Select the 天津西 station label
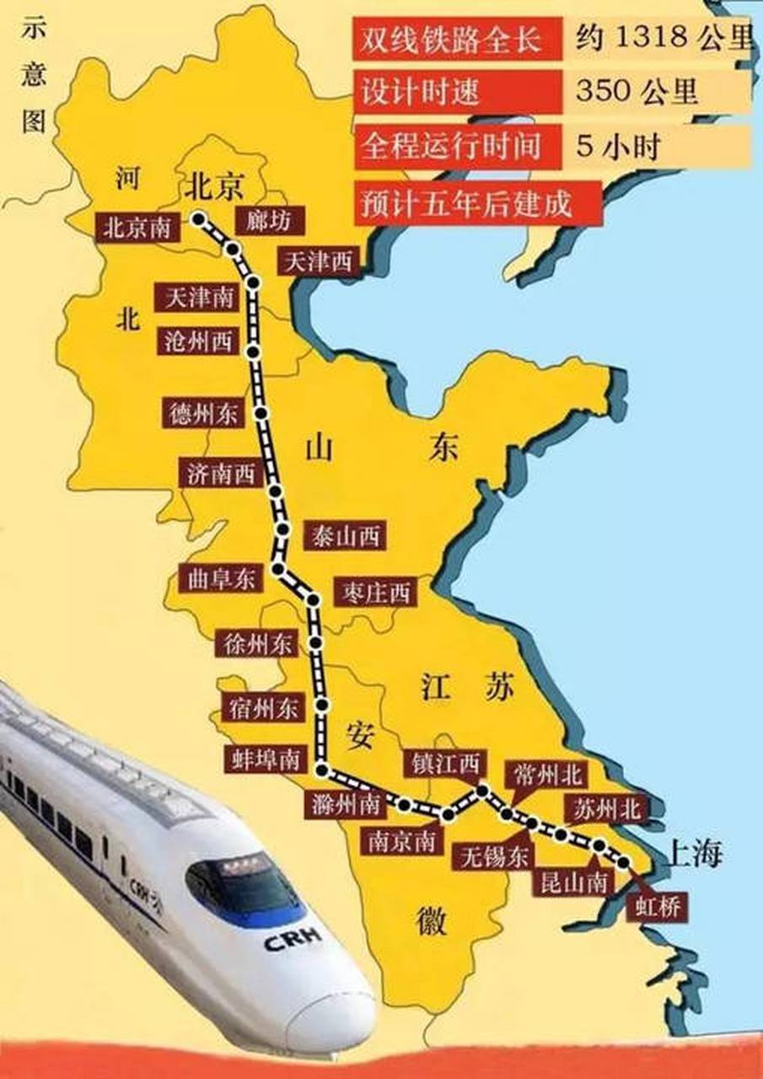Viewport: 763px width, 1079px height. (318, 261)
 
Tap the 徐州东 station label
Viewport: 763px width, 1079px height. (255, 645)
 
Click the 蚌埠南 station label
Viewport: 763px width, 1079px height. (264, 760)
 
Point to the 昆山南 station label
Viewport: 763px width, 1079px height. (573, 883)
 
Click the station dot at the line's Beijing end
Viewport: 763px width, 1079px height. (199, 219)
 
